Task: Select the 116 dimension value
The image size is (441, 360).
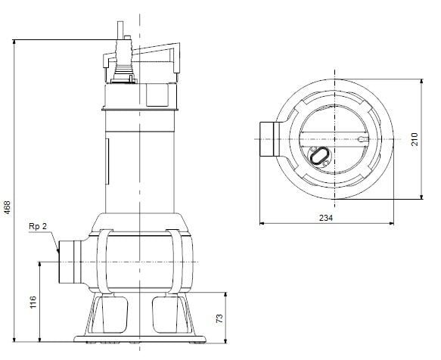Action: (x=32, y=302)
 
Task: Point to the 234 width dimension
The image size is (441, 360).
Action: (x=326, y=217)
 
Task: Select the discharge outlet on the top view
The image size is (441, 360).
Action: (x=268, y=140)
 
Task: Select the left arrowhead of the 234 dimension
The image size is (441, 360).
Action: (x=262, y=224)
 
